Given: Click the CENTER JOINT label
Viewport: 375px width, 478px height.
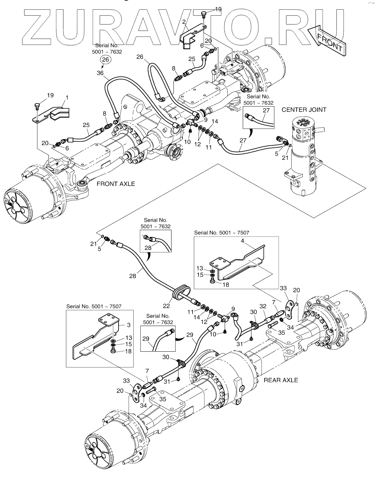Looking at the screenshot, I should [x=304, y=110].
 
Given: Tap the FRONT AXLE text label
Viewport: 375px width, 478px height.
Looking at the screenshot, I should [x=116, y=184].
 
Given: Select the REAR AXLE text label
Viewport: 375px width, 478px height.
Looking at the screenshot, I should [x=281, y=380].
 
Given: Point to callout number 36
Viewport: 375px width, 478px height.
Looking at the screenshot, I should [x=100, y=73].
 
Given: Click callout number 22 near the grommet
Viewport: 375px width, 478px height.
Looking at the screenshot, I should [x=166, y=306].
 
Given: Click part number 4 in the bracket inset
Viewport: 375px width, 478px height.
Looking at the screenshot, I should [x=242, y=241].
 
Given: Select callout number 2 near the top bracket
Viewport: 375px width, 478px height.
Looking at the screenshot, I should [x=184, y=22].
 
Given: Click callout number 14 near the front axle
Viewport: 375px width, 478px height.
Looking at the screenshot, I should [x=215, y=122].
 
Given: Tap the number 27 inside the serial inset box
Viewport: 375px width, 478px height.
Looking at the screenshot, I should [x=266, y=110].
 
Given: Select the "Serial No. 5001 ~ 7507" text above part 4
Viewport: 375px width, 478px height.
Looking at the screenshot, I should [x=221, y=232].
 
